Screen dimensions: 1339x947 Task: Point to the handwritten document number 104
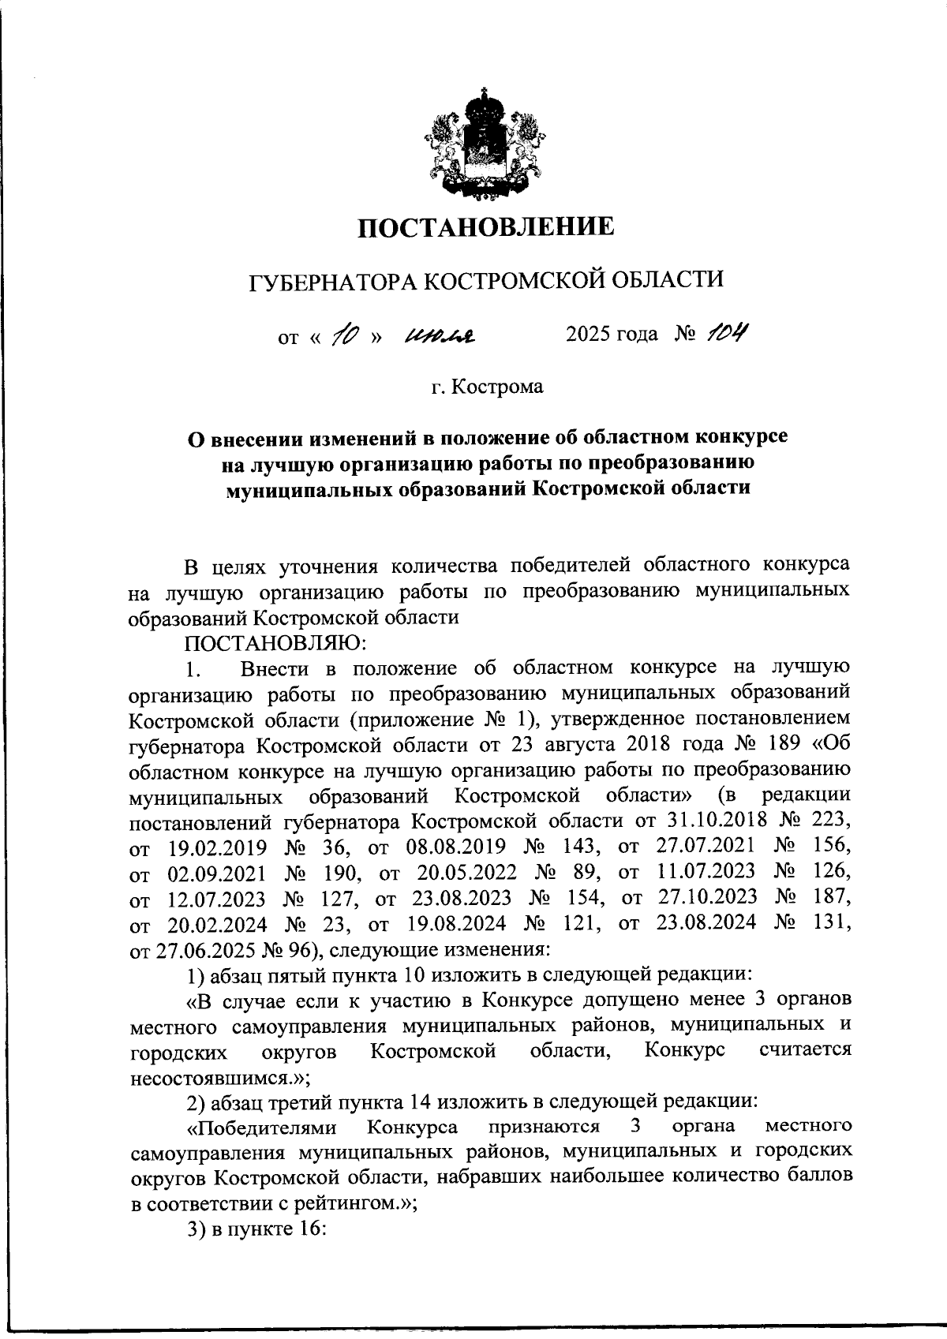725,335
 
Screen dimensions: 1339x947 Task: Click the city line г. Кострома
487,388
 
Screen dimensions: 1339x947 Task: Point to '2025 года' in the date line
612,335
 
